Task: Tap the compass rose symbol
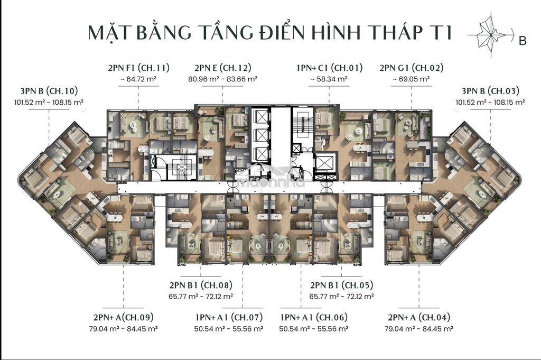(491, 35)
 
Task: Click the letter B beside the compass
(523, 40)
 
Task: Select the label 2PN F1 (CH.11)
(139, 68)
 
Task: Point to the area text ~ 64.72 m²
(139, 79)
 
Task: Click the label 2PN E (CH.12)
(223, 68)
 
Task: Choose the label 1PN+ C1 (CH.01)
(330, 68)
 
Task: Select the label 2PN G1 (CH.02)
(411, 68)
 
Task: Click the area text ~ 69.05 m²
(411, 79)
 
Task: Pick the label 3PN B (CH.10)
(49, 91)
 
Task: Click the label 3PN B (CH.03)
(490, 91)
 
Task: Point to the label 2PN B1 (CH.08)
(201, 285)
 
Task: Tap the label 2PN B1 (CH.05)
(342, 285)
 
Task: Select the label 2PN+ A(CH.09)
(123, 317)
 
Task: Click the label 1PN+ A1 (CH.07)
(229, 317)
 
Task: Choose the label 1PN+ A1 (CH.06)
(314, 317)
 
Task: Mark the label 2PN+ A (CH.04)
(419, 317)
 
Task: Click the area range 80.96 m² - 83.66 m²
(223, 79)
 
